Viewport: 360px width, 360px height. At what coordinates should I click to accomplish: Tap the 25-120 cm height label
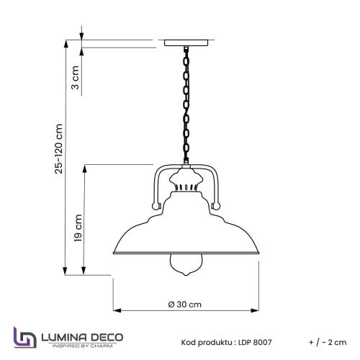pyautogui.click(x=60, y=148)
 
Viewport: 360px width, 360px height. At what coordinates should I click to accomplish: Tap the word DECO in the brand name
pyautogui.click(x=106, y=336)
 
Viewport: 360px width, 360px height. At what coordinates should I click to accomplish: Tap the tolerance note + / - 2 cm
pyautogui.click(x=327, y=342)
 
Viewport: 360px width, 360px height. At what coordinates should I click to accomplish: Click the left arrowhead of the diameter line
pyautogui.click(x=115, y=312)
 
